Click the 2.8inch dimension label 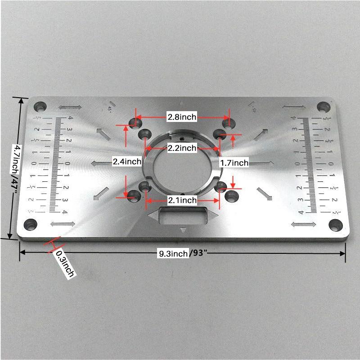pos(182,117)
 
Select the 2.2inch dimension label pos(182,148)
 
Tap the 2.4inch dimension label pos(127,161)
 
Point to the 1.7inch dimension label pos(234,162)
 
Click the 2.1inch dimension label pos(182,200)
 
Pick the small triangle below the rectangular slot pos(183,230)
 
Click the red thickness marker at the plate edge pos(53,245)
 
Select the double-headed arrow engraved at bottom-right pos(304,224)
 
